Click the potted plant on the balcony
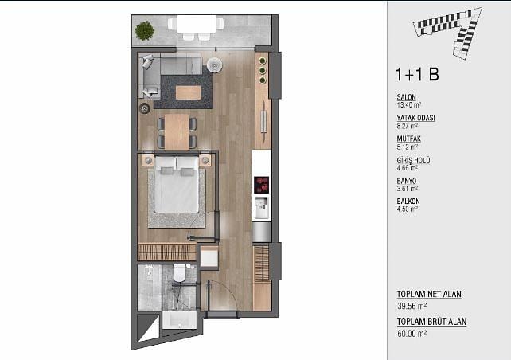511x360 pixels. click(x=144, y=31)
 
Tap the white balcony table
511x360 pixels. click(x=197, y=24)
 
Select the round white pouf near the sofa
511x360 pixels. click(x=214, y=65)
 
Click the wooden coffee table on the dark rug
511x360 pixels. click(x=189, y=92)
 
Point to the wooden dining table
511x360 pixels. click(x=177, y=131)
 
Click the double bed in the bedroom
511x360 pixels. click(x=177, y=185)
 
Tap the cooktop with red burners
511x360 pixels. click(x=261, y=185)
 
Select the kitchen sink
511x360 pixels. click(x=261, y=207)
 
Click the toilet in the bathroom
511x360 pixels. click(x=179, y=272)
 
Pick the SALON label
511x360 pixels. click(x=406, y=97)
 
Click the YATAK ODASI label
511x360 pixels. click(x=415, y=118)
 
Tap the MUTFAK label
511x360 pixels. click(x=408, y=139)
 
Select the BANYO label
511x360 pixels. click(x=407, y=181)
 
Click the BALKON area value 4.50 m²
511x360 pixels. click(x=407, y=209)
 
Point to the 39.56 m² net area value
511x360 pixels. click(x=412, y=306)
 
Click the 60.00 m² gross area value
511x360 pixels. click(x=412, y=334)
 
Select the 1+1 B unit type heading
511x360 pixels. click(x=417, y=74)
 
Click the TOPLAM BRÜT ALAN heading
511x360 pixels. click(x=431, y=322)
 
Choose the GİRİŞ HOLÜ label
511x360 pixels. click(x=413, y=160)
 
